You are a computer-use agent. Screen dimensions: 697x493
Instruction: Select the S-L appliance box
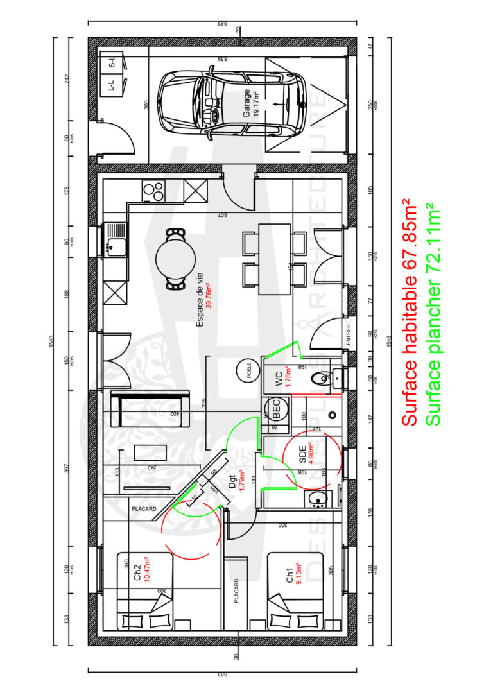111,63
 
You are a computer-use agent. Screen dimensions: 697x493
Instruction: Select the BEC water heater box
272,407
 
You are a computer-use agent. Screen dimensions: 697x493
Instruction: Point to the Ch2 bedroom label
137,572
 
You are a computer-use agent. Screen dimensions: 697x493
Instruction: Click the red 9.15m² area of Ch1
298,574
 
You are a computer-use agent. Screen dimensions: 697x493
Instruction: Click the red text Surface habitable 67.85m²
408,313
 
